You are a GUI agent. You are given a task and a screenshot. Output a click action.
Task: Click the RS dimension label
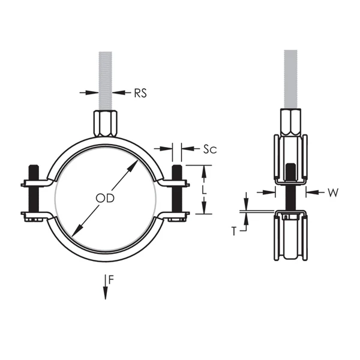140,93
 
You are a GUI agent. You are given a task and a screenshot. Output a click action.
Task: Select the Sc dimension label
209,148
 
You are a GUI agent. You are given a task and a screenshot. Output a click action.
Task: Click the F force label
110,279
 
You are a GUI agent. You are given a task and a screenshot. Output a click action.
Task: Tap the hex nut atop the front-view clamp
106,123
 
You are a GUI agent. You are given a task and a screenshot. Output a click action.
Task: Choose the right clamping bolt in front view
177,191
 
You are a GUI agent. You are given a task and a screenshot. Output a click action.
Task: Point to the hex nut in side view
291,123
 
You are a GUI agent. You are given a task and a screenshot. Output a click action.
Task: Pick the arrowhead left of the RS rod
92,92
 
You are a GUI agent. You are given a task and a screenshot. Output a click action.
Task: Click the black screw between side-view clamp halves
291,186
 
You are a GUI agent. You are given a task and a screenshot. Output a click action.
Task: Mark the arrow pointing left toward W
312,192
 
